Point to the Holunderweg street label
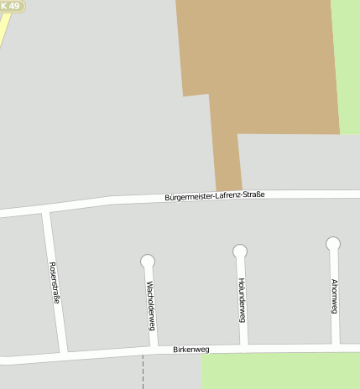[x=241, y=299]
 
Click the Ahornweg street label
[x=334, y=295]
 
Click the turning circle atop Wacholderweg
[x=148, y=262]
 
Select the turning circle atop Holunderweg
[x=240, y=251]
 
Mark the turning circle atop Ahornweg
[x=333, y=244]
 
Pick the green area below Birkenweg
[x=277, y=371]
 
